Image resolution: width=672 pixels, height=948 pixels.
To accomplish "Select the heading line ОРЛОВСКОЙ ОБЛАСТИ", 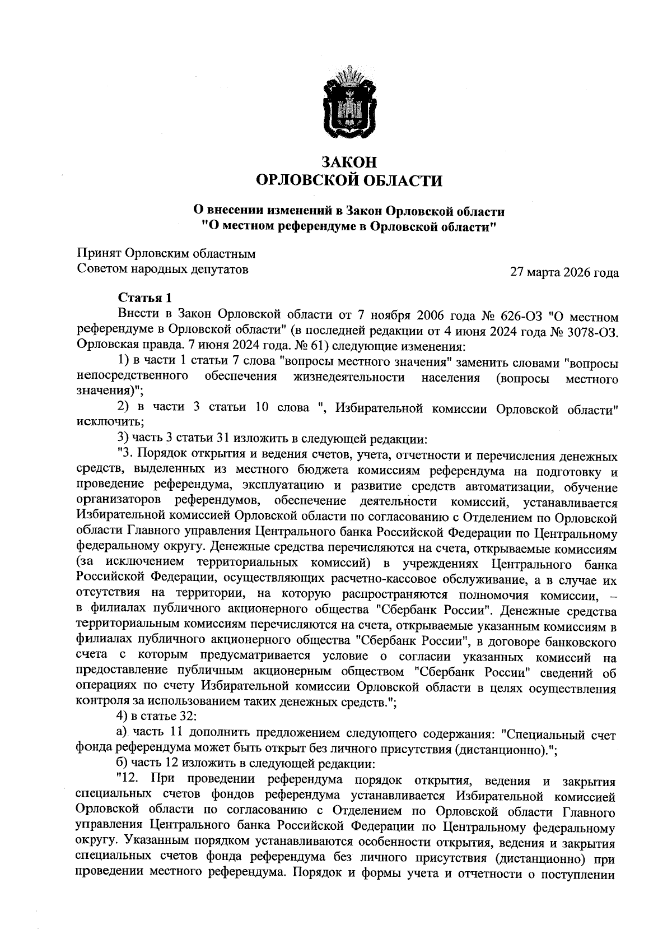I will pyautogui.click(x=348, y=180).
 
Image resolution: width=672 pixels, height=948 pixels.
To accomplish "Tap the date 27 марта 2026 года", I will pyautogui.click(x=564, y=273).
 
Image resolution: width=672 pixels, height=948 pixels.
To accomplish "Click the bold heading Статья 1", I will pyautogui.click(x=141, y=298).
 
